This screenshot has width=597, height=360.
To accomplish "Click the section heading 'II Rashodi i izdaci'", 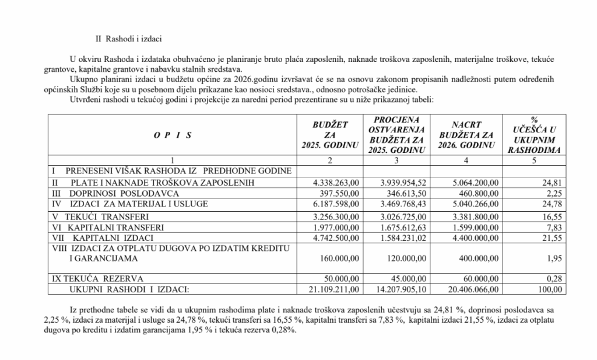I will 129,39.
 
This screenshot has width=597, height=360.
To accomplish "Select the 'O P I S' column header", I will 173,135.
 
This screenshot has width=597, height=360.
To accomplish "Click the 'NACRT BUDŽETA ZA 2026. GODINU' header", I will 465,134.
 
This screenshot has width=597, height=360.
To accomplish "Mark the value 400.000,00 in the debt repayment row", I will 479,258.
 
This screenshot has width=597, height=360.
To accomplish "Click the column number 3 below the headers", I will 396,160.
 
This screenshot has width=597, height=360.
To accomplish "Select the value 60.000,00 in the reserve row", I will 481,278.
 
